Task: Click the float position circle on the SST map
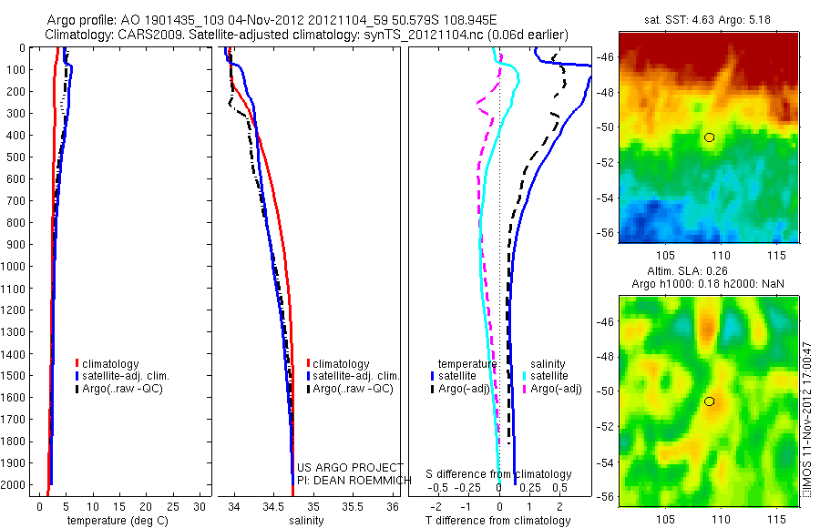(710, 137)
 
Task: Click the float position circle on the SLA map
(710, 401)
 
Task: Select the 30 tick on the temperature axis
(201, 506)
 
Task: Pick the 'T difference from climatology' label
(499, 521)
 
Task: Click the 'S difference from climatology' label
(499, 475)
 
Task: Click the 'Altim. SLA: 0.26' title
(708, 272)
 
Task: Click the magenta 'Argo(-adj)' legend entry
(556, 389)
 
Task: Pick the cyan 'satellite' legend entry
(550, 376)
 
